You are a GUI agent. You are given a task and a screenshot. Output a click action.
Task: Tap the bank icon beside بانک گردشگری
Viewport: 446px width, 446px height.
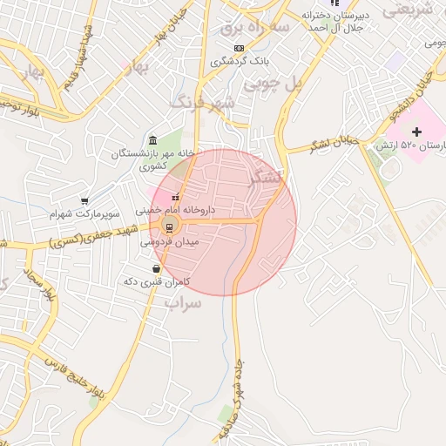point(214,62)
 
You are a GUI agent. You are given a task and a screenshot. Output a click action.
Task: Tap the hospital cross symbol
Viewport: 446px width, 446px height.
point(416,132)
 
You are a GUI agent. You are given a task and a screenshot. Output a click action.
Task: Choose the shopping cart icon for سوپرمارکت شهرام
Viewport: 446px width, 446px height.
point(84,201)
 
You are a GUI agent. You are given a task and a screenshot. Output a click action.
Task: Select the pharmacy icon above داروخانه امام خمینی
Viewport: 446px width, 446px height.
point(176,197)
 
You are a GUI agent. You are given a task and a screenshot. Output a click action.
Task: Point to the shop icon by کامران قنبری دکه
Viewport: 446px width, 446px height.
point(156,269)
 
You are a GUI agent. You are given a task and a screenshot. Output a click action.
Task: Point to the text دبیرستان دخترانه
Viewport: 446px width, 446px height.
point(355,16)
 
